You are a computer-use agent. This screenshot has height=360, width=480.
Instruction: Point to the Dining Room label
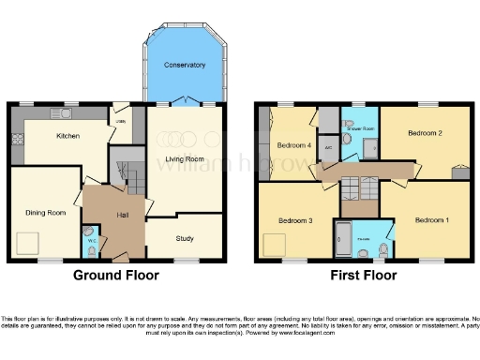pos(45,213)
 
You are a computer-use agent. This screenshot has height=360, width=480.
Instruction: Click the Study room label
pos(185,238)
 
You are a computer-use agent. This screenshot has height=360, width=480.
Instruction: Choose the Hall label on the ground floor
pos(122,215)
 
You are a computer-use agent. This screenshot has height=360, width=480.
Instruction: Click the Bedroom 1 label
pos(431,219)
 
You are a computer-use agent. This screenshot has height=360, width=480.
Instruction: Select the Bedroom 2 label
pos(424,134)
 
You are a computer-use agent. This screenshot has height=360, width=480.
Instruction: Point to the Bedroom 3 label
pos(294,221)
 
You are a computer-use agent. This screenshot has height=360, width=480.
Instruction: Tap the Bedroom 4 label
pos(293,145)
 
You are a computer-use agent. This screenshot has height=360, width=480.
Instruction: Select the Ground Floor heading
pos(115,276)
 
